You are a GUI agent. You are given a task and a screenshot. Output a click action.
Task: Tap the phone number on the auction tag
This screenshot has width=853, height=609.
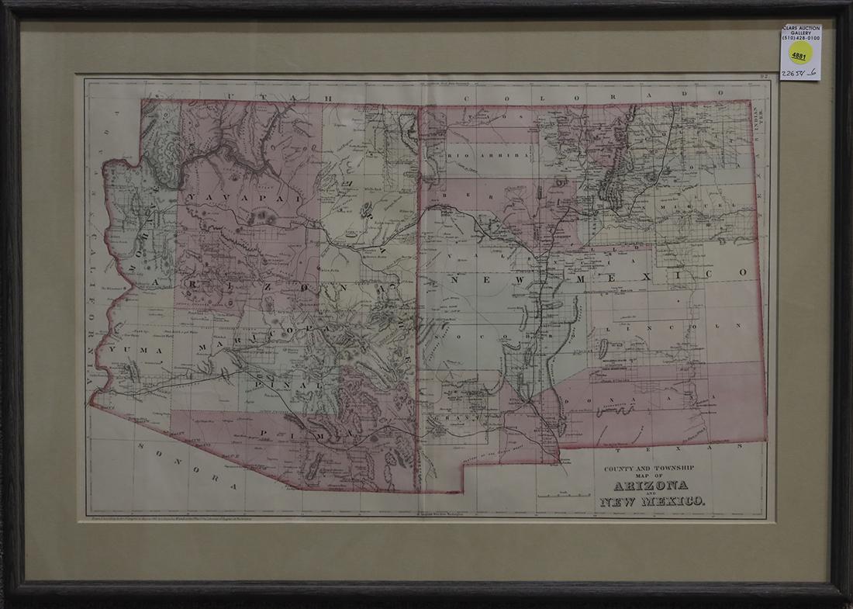(x=801, y=36)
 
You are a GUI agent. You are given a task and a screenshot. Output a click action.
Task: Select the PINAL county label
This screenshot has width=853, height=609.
(x=295, y=384)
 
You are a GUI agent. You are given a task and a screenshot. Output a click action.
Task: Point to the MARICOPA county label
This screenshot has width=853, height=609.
(x=256, y=335)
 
